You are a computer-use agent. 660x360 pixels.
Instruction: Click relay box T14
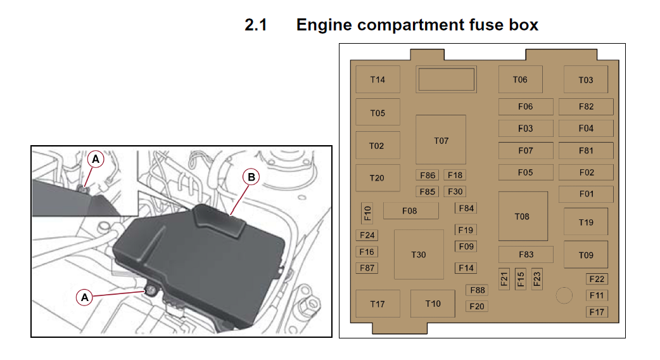(378, 80)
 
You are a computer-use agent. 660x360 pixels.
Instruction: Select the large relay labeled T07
(441, 140)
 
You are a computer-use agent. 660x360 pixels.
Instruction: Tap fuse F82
(586, 106)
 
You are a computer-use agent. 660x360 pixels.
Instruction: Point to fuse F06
(525, 106)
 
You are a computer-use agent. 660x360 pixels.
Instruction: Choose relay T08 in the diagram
(522, 217)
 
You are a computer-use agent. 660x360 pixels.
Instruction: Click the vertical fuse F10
(367, 213)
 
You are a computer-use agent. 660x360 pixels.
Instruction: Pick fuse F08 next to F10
(410, 211)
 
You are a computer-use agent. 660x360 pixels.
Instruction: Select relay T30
(418, 255)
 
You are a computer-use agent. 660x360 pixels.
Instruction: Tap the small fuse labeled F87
(367, 267)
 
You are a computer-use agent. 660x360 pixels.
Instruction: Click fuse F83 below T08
(526, 255)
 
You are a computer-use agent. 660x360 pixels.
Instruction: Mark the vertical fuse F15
(521, 279)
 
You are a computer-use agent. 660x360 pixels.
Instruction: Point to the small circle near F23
(563, 295)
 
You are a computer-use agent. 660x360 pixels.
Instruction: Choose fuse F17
(597, 312)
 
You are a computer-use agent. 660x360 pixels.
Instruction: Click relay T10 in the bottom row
(433, 304)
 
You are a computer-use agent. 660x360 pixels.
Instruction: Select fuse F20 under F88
(477, 306)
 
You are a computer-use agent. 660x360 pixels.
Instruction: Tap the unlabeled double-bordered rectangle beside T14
(445, 79)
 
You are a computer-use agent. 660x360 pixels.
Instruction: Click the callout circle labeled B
(251, 177)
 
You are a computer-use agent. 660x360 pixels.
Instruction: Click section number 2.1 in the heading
(256, 25)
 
